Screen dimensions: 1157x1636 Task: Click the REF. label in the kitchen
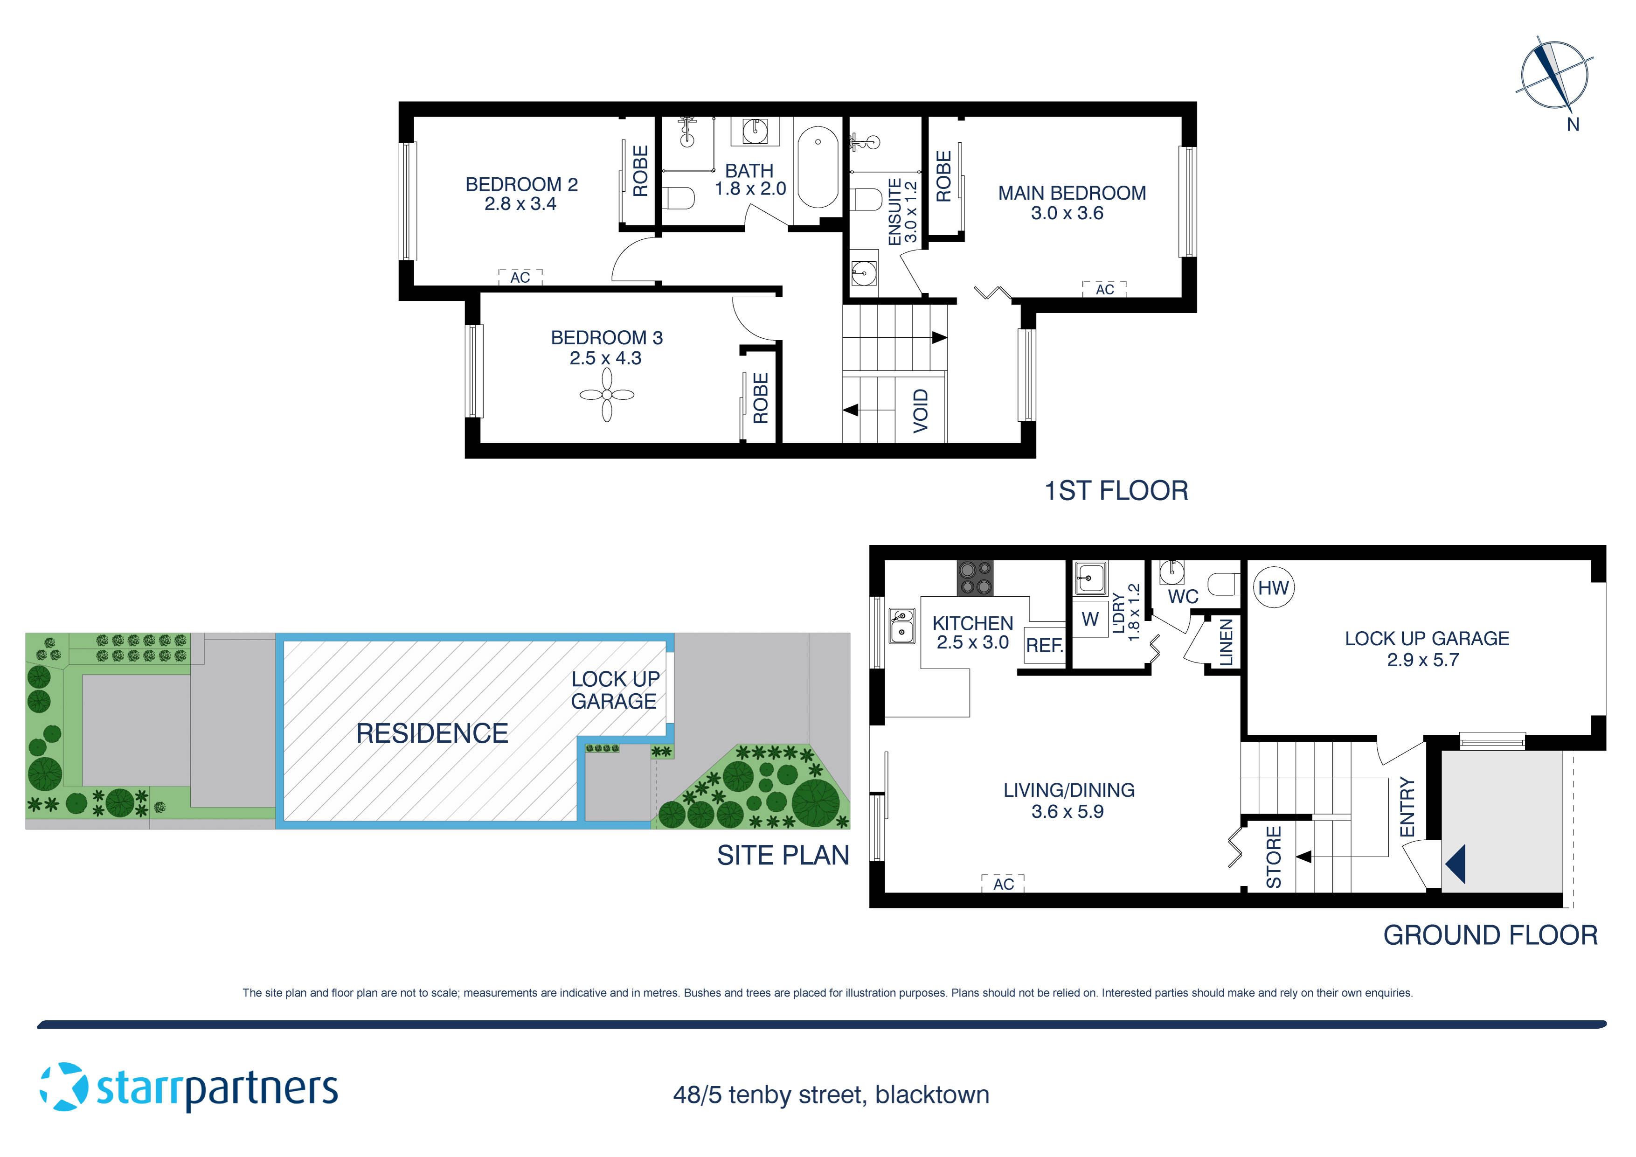(1044, 645)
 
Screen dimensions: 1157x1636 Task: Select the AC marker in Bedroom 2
(520, 277)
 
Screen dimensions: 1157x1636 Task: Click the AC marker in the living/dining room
(1003, 884)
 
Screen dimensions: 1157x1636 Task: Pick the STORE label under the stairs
(1273, 857)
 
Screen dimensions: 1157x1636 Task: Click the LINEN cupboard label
(1226, 642)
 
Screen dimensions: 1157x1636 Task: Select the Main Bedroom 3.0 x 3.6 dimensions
(1067, 213)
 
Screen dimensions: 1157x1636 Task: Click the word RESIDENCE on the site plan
(432, 733)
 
